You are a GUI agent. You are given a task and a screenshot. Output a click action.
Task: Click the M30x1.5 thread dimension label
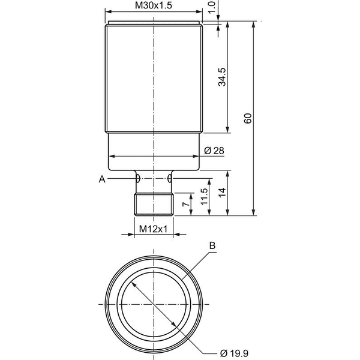[x=154, y=5]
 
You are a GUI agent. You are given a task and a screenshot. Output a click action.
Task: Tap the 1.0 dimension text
[x=212, y=7]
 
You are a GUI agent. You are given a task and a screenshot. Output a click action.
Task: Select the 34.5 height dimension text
[x=222, y=77]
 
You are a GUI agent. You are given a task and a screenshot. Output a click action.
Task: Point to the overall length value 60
[x=248, y=118]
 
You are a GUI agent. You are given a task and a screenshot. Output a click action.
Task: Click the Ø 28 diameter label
[x=214, y=151]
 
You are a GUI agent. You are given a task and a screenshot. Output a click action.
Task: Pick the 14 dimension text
[x=222, y=193]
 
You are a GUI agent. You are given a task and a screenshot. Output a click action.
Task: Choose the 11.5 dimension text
[x=204, y=197]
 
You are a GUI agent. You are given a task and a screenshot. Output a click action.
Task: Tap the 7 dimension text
[x=186, y=203]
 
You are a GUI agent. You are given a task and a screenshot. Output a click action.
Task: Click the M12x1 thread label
[x=154, y=229]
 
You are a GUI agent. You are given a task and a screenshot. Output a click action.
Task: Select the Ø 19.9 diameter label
[x=234, y=353]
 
